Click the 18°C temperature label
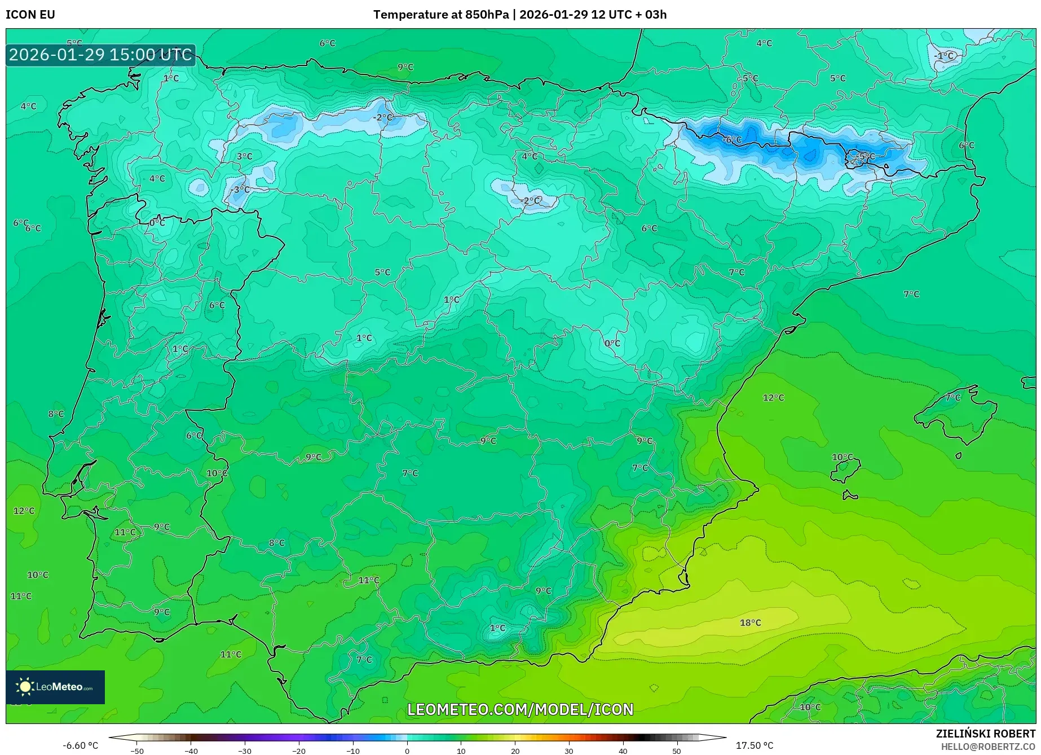click(750, 622)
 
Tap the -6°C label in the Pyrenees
click(733, 139)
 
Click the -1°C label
click(944, 55)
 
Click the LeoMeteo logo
click(55, 687)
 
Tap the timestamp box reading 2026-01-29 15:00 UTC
click(100, 55)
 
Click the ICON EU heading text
click(30, 15)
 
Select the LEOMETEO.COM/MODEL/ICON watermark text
click(520, 709)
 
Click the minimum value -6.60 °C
click(80, 745)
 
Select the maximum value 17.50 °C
click(755, 745)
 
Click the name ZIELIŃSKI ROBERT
click(985, 734)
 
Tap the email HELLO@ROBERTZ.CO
click(987, 747)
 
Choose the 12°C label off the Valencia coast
click(773, 397)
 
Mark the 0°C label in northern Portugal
click(157, 223)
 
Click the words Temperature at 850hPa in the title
click(441, 15)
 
